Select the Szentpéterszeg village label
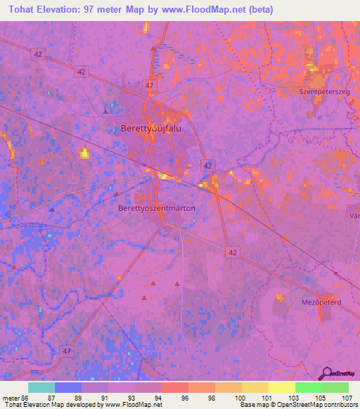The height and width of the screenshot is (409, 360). click(x=325, y=91)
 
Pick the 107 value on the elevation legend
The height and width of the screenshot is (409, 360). click(x=346, y=398)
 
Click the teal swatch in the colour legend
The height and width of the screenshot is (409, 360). click(x=41, y=387)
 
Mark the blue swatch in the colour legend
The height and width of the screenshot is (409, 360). click(x=68, y=387)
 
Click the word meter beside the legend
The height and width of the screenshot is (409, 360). click(x=10, y=398)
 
